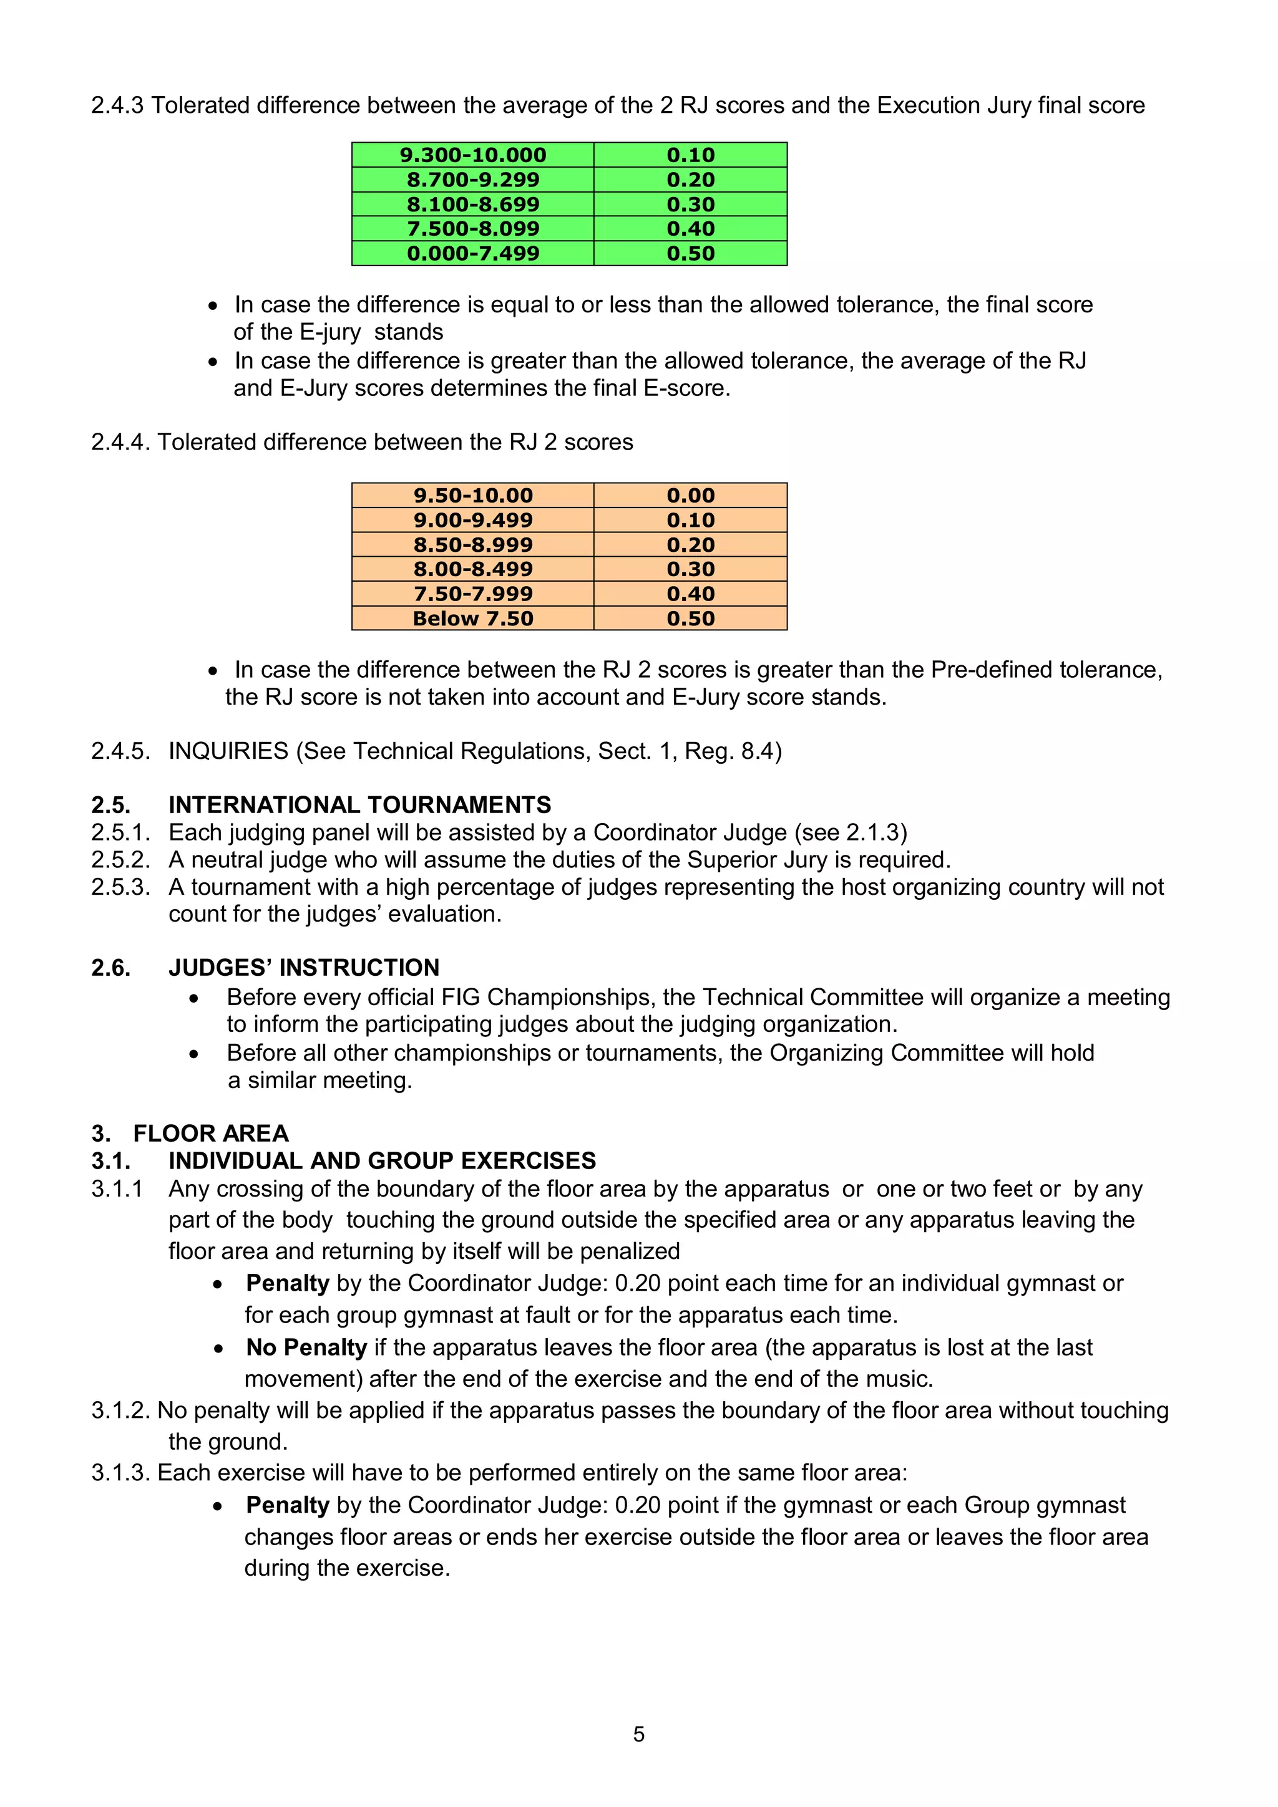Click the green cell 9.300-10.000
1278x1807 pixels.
472,155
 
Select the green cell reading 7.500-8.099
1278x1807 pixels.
472,229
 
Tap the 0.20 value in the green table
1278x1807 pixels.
691,180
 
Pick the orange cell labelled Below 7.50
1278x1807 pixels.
472,619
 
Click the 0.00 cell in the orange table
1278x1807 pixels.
691,496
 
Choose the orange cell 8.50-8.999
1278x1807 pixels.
472,544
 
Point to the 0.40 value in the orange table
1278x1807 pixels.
691,594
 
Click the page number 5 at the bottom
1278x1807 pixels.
638,1734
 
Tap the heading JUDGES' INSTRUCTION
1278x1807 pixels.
303,968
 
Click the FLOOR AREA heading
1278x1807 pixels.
210,1134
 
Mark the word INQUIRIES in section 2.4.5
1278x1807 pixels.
228,751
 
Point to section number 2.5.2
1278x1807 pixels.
120,859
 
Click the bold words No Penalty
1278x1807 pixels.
306,1347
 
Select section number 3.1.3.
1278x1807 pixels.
120,1473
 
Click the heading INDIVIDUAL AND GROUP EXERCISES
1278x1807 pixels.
382,1161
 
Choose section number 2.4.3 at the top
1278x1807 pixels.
117,105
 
